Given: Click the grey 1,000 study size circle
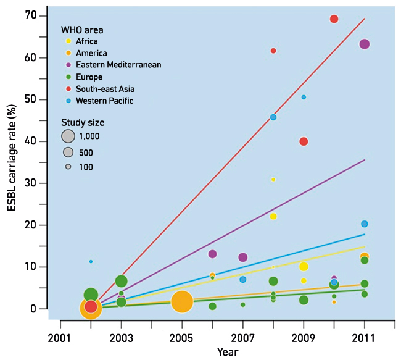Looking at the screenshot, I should [x=68, y=136].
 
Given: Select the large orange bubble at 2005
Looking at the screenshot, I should [x=182, y=301].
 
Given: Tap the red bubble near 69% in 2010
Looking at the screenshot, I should [x=334, y=19].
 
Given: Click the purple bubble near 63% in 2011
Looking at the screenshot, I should [x=364, y=44].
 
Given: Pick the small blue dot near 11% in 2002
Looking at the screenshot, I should [x=91, y=261].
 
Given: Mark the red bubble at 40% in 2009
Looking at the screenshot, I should [x=304, y=141].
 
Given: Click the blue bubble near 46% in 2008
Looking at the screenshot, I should [x=273, y=117].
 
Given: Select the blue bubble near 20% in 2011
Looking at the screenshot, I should [x=364, y=224].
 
